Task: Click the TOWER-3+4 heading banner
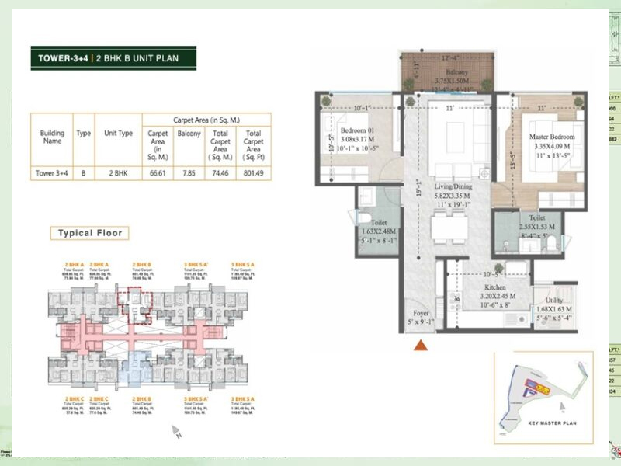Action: (113, 58)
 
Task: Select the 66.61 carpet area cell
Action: (158, 174)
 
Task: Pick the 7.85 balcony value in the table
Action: (189, 174)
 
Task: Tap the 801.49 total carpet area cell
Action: (253, 174)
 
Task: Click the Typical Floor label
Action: (90, 233)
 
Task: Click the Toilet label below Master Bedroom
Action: (537, 219)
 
